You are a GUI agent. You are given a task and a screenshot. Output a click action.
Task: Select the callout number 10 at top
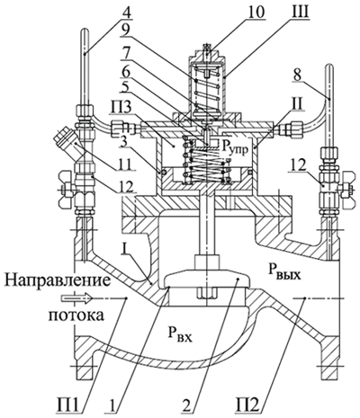254,12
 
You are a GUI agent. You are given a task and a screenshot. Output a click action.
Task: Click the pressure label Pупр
235,147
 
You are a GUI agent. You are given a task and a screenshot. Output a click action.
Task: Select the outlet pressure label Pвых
283,271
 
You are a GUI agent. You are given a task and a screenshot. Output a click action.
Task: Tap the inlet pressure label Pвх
179,335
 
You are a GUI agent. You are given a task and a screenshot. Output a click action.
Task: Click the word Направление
58,280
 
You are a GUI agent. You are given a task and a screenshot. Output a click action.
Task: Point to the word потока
76,316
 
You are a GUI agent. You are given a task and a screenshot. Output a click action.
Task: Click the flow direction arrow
76,298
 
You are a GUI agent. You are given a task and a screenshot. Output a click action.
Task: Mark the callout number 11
124,165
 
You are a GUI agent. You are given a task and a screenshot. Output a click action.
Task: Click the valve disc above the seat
207,279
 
